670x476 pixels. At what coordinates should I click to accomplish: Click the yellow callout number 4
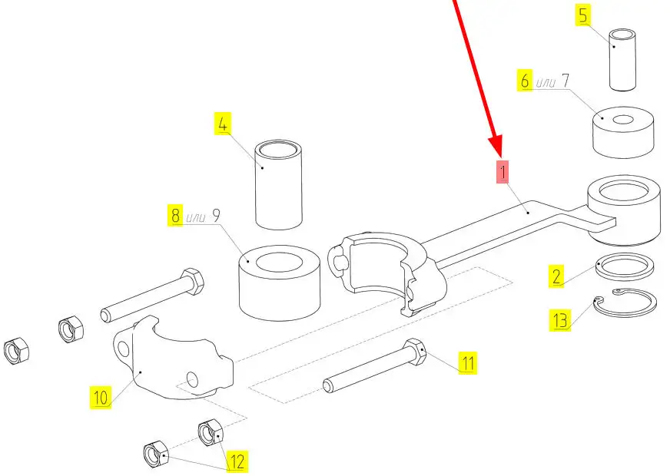click(224, 125)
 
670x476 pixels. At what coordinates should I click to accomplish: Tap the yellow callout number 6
click(526, 81)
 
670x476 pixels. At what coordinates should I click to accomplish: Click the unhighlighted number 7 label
click(566, 81)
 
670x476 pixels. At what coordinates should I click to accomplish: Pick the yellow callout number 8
click(176, 216)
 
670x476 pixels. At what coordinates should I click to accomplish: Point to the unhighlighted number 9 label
click(217, 216)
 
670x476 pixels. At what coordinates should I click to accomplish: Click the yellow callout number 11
click(467, 362)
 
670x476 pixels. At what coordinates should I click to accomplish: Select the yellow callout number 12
click(237, 461)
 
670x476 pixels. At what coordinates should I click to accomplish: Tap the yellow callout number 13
click(560, 319)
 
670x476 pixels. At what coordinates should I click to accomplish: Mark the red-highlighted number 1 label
click(502, 172)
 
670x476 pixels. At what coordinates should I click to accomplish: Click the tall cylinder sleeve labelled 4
click(280, 184)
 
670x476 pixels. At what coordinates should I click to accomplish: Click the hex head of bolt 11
click(416, 352)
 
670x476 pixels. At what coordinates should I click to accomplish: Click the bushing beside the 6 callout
click(623, 131)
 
